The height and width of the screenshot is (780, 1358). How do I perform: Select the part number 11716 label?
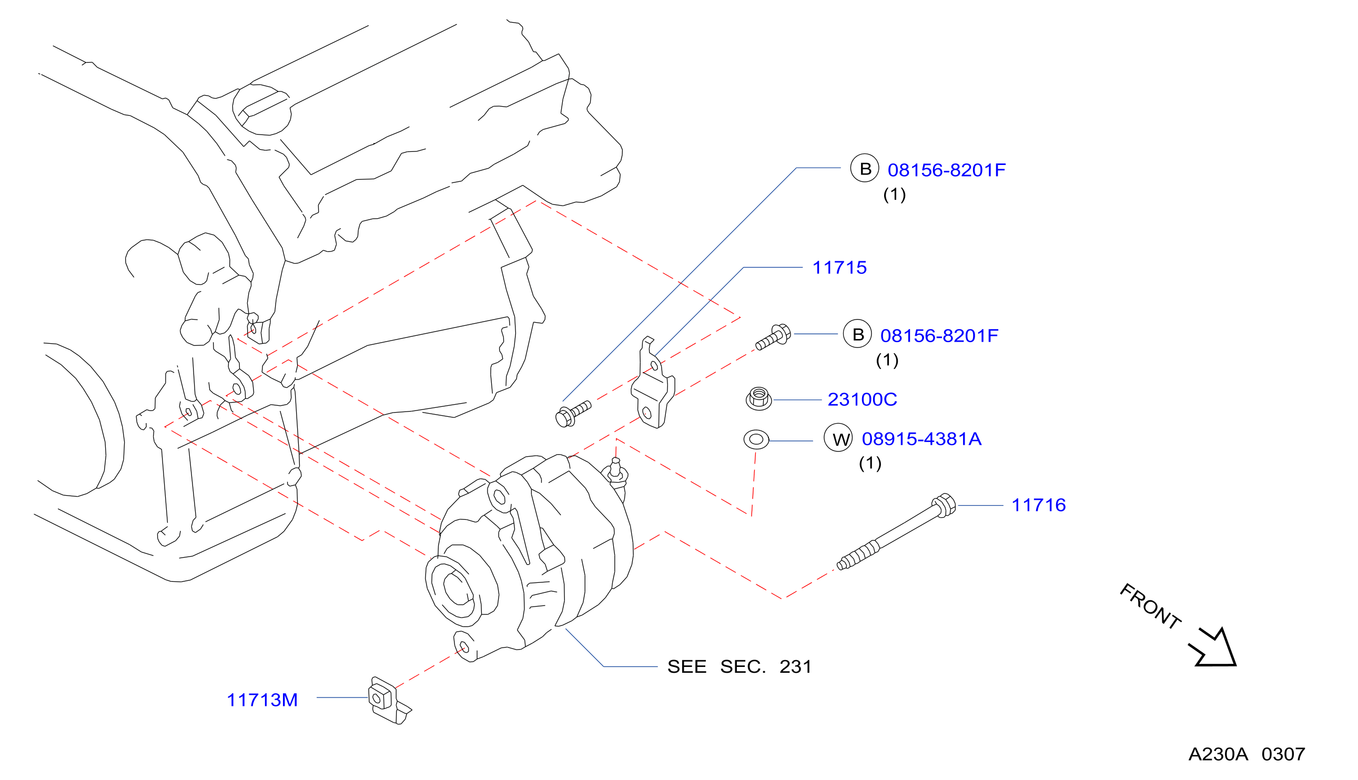point(1039,505)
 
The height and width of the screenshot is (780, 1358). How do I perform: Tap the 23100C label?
point(862,399)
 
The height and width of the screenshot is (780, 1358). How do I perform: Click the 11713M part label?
point(262,700)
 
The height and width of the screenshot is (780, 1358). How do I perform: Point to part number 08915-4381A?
point(921,439)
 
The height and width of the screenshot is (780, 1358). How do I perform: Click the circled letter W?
point(838,438)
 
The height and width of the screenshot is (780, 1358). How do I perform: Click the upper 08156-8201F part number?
point(946,170)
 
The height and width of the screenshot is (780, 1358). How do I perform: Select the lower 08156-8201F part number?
point(939,336)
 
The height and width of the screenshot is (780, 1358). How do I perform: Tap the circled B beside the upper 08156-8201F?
point(865,168)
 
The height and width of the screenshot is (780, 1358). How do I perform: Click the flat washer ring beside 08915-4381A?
point(756,439)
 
